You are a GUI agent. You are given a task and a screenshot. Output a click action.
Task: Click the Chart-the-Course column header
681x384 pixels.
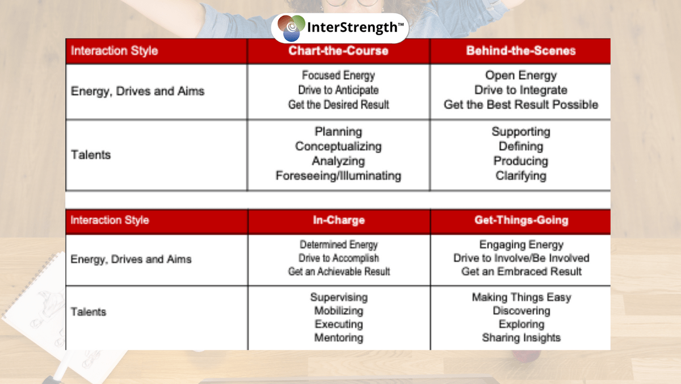(x=338, y=51)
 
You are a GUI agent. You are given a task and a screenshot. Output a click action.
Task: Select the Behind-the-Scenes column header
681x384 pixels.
(x=521, y=51)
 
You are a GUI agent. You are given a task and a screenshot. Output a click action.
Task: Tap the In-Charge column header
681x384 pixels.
(x=339, y=220)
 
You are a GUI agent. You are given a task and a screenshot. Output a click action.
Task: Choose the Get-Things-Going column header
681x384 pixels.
(x=522, y=220)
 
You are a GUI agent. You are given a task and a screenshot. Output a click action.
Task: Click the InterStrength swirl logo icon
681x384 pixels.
(x=291, y=28)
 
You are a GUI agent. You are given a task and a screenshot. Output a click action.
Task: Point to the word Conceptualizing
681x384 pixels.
(x=338, y=147)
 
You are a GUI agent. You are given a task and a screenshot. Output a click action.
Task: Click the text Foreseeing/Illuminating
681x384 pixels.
(x=338, y=176)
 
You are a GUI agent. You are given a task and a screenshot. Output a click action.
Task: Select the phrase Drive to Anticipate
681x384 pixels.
(x=338, y=90)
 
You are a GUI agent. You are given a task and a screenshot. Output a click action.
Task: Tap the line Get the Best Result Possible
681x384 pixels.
(x=521, y=105)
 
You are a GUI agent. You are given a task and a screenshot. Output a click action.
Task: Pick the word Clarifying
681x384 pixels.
(x=521, y=176)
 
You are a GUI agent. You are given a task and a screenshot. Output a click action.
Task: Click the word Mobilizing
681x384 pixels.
(x=339, y=311)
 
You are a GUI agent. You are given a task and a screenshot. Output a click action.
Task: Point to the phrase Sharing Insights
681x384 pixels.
(x=522, y=337)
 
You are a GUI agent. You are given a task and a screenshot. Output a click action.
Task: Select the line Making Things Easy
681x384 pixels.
(x=522, y=297)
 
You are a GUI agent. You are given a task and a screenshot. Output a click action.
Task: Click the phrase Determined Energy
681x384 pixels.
(x=339, y=245)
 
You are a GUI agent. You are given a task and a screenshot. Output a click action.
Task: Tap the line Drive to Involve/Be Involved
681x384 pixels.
(x=522, y=258)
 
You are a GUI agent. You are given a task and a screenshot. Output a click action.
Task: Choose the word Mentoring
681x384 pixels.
(x=339, y=337)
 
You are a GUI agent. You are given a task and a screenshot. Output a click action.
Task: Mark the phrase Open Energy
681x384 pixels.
(x=521, y=76)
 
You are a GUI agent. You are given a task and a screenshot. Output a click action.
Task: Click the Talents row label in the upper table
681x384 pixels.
(x=91, y=155)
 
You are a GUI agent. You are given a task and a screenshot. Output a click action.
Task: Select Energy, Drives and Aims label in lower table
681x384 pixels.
(x=131, y=259)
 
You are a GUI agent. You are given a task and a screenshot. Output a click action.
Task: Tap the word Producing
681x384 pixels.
(x=521, y=161)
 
